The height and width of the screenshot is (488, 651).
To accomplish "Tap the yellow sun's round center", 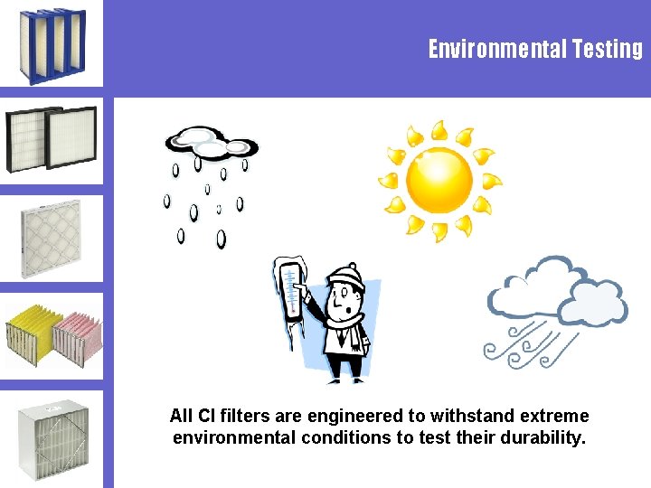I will tap(439, 179).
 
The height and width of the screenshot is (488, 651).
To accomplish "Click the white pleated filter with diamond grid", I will tap(51, 239).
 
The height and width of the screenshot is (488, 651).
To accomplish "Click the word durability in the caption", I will tap(540, 439).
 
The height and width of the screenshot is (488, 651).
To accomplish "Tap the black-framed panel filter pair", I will tap(51, 138).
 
